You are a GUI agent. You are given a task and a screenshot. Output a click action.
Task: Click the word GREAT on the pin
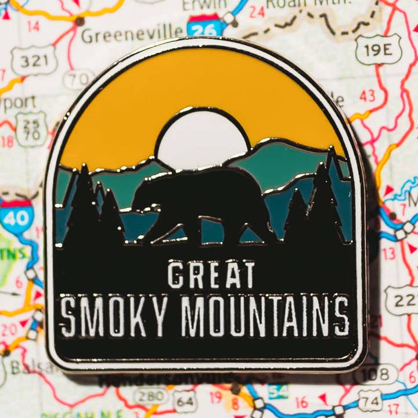211,275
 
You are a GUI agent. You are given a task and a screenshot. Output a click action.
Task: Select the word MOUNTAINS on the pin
265,316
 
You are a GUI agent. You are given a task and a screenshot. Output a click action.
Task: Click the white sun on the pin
202,139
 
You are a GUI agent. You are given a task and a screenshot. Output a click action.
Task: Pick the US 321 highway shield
34,60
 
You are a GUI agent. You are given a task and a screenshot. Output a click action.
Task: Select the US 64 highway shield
185,401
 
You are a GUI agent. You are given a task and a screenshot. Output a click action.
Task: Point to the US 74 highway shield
370,401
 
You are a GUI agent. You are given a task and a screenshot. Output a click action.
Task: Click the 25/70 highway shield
31,128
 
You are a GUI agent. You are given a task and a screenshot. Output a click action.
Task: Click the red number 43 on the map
367,96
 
